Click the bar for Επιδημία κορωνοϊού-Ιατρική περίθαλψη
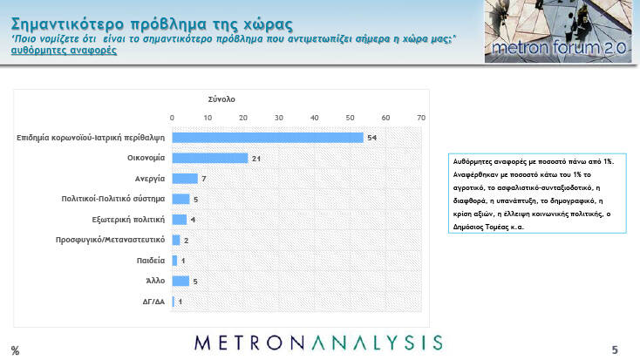[268, 138]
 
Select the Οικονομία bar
[210, 158]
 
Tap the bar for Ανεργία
[185, 179]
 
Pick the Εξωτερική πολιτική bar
[180, 220]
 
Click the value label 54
[371, 138]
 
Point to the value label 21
[256, 159]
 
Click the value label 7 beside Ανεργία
[204, 179]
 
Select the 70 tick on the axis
[421, 118]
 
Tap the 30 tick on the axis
[279, 118]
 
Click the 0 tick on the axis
[172, 118]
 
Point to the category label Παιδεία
[151, 261]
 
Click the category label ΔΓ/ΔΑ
[153, 302]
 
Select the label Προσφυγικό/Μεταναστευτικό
[110, 240]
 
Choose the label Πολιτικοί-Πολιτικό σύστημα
[113, 199]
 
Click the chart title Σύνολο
[221, 99]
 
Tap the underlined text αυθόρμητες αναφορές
[64, 51]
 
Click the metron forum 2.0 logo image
[558, 31]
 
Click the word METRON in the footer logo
[249, 343]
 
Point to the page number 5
[615, 350]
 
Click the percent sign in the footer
[15, 350]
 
